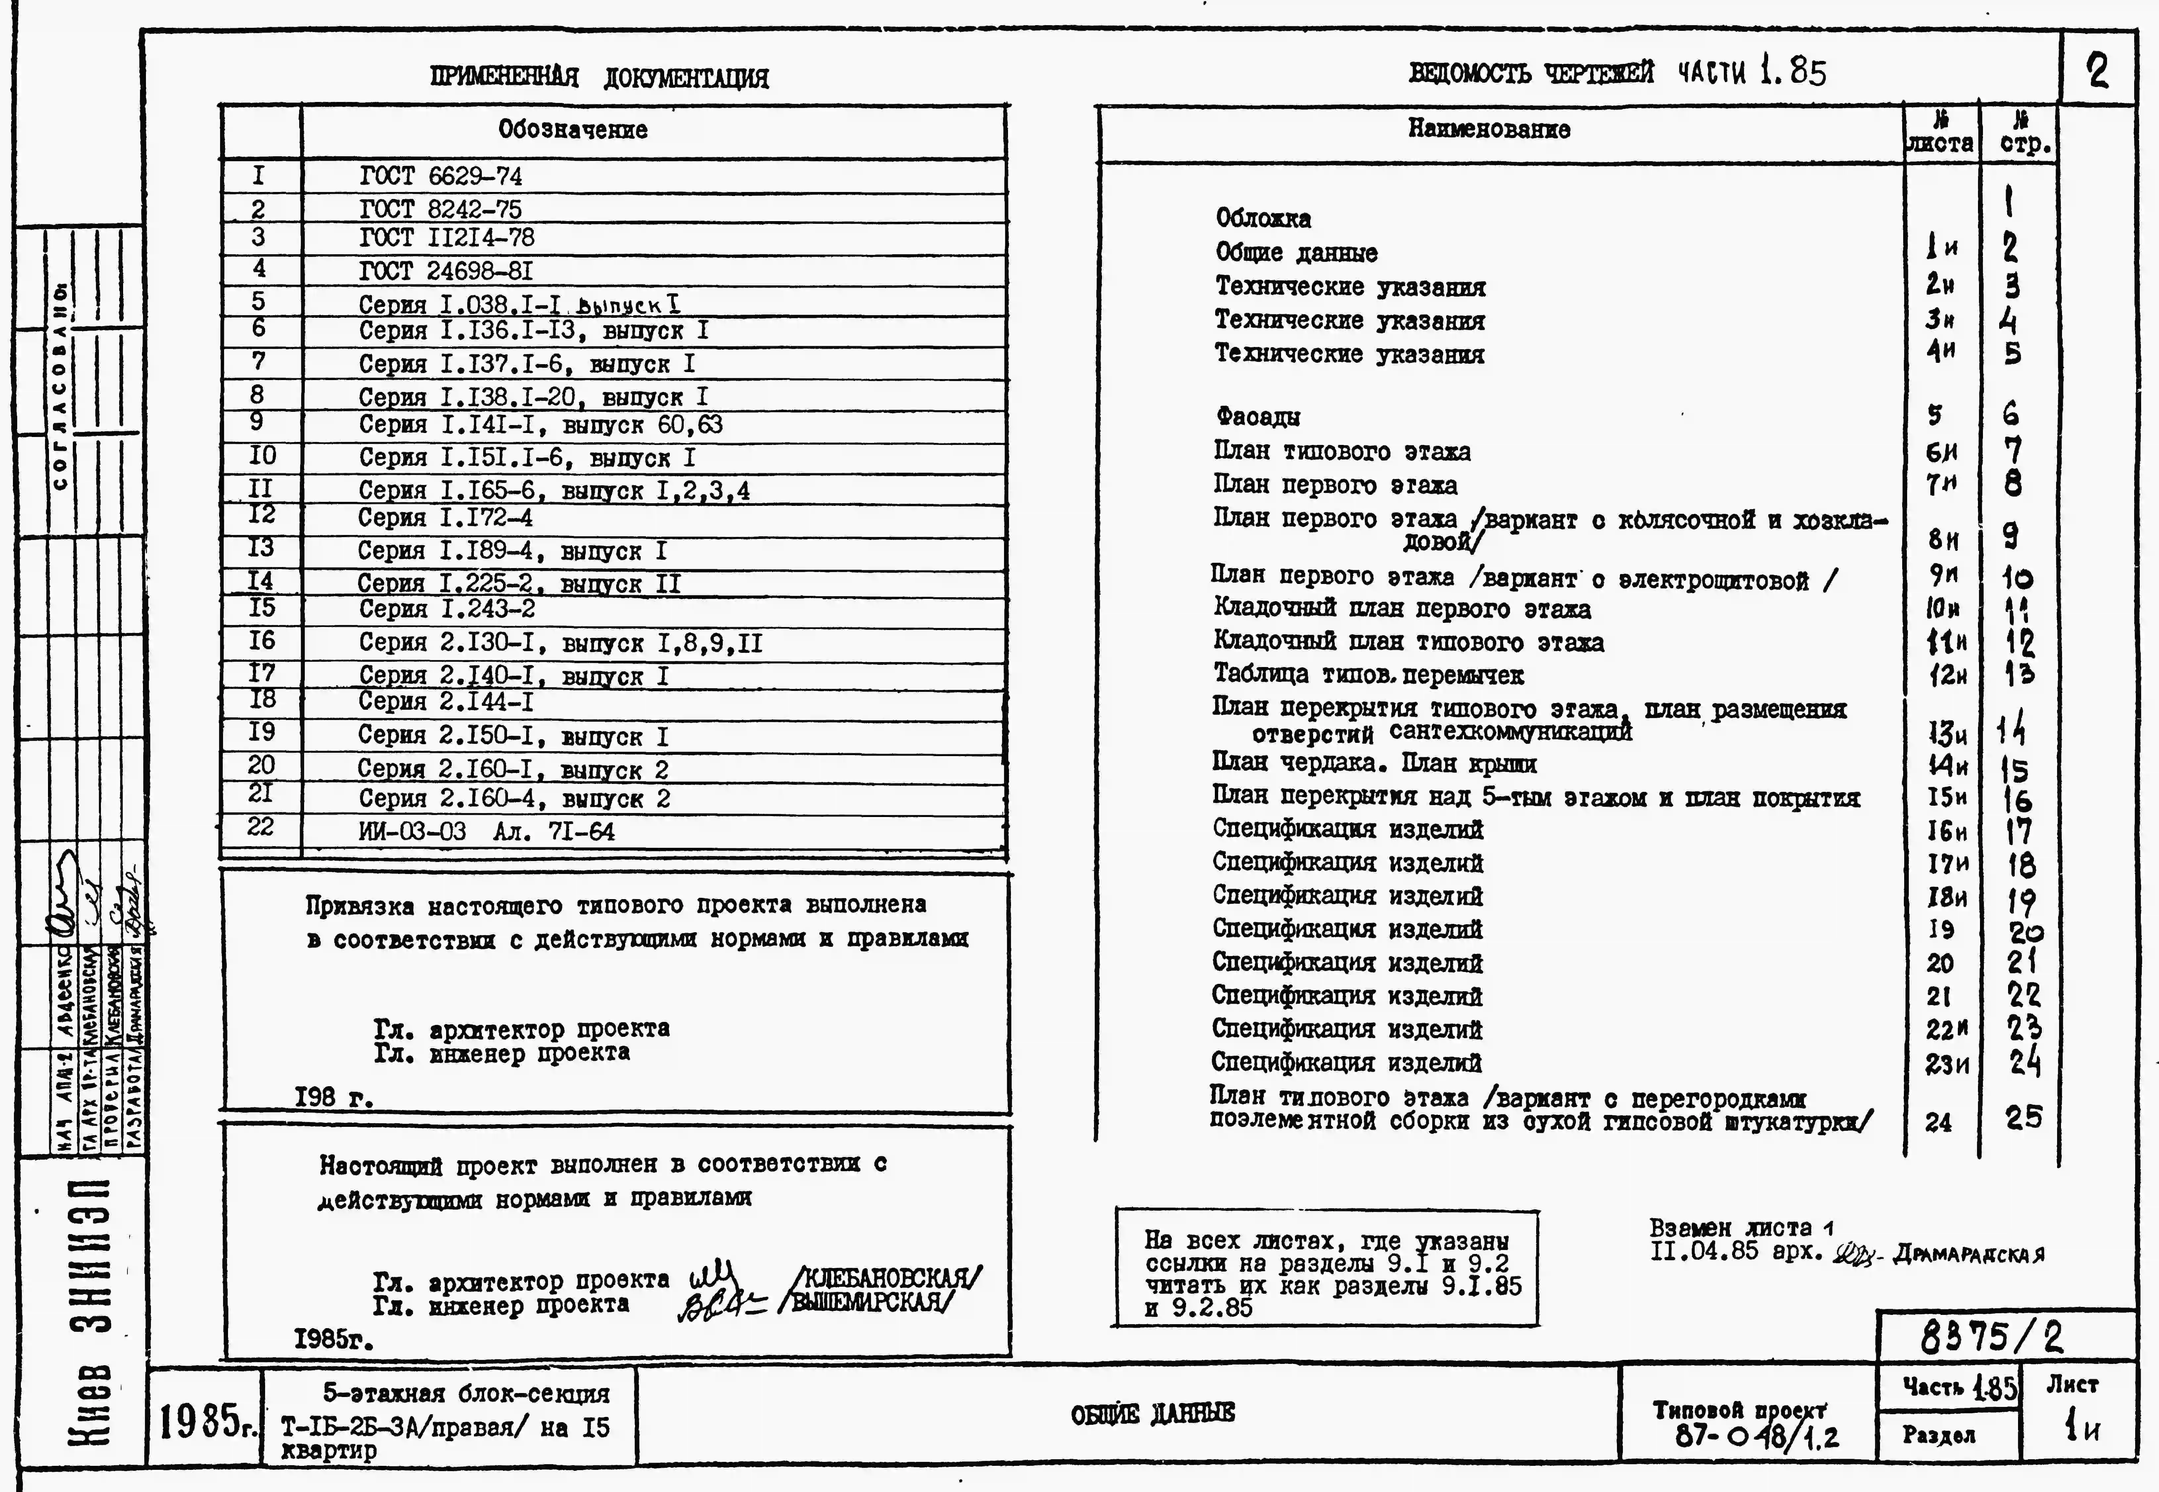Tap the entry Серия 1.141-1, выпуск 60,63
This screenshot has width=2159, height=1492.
(x=540, y=425)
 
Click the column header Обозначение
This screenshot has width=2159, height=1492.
(x=572, y=130)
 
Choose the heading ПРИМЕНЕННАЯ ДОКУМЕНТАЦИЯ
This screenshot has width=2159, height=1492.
(x=599, y=77)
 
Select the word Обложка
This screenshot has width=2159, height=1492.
(x=1263, y=219)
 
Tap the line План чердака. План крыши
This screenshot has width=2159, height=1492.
(x=1374, y=764)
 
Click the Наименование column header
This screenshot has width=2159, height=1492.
(x=1489, y=129)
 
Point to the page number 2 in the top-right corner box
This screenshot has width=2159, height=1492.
(x=2097, y=71)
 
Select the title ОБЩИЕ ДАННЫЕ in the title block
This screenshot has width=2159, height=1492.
(x=1152, y=1414)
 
